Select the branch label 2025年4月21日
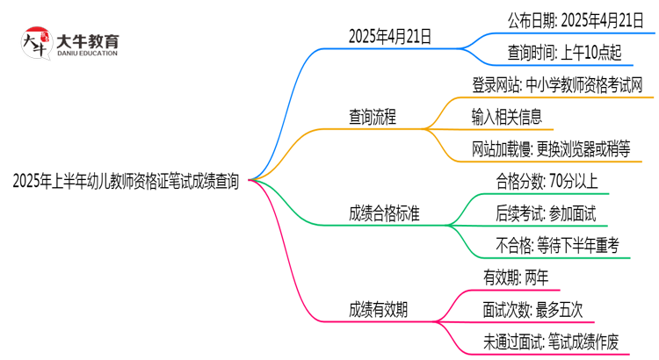(x=390, y=37)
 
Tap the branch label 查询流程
(x=373, y=116)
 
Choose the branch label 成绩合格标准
(x=383, y=212)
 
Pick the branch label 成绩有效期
(x=378, y=309)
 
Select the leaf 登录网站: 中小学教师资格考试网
(x=557, y=84)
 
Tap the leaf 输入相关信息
(x=506, y=116)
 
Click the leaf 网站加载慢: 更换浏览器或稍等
(x=550, y=148)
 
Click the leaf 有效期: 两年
(x=516, y=277)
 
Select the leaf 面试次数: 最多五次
(x=532, y=309)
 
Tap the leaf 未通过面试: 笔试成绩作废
(x=550, y=342)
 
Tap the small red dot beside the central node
(x=251, y=180)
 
